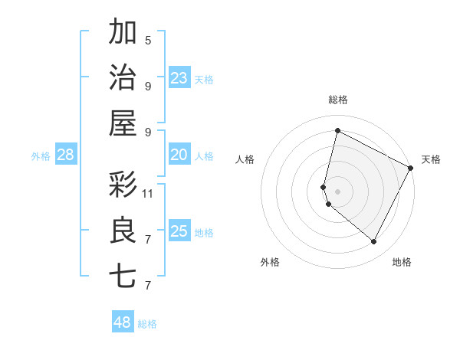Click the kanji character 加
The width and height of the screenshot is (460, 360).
pyautogui.click(x=123, y=33)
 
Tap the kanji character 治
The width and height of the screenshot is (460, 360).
pyautogui.click(x=123, y=77)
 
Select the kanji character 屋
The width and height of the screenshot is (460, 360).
pyautogui.click(x=123, y=123)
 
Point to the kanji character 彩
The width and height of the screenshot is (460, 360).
pyautogui.click(x=123, y=185)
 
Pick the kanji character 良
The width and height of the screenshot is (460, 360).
pyautogui.click(x=123, y=231)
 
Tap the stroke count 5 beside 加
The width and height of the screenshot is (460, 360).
pyautogui.click(x=148, y=40)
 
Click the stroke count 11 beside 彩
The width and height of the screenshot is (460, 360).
pyautogui.click(x=148, y=193)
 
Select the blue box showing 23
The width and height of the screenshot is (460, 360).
pyautogui.click(x=179, y=77)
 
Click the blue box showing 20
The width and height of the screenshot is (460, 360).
pyautogui.click(x=179, y=155)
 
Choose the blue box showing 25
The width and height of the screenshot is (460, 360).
pyautogui.click(x=179, y=231)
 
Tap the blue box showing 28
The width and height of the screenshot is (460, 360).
pyautogui.click(x=66, y=155)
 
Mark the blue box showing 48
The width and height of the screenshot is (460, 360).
pyautogui.click(x=123, y=322)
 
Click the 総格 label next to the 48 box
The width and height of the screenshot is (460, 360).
pyautogui.click(x=147, y=324)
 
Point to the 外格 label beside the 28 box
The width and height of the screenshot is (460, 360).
pyautogui.click(x=41, y=156)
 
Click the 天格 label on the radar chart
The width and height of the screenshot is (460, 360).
pyautogui.click(x=431, y=159)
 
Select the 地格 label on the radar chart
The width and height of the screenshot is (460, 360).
pyautogui.click(x=402, y=262)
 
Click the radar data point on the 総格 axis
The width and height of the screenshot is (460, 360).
pyautogui.click(x=337, y=131)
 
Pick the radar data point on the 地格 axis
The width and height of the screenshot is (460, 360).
pyautogui.click(x=373, y=241)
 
